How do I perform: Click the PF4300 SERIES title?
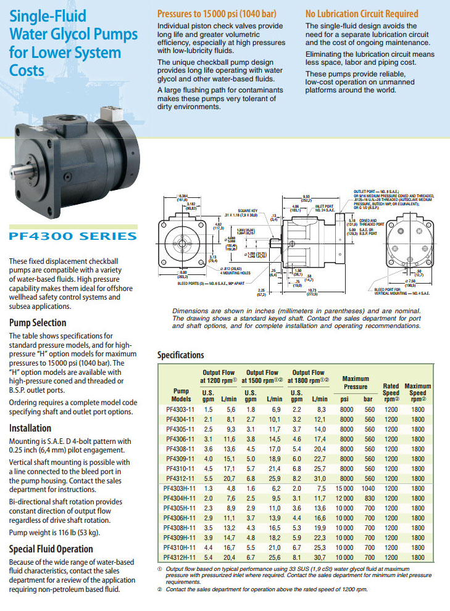(73, 236)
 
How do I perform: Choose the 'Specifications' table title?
(180, 355)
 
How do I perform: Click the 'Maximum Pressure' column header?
(356, 382)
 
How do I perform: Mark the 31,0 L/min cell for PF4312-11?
(319, 478)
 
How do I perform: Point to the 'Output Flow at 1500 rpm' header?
(263, 377)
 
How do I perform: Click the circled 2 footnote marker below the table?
(159, 590)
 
